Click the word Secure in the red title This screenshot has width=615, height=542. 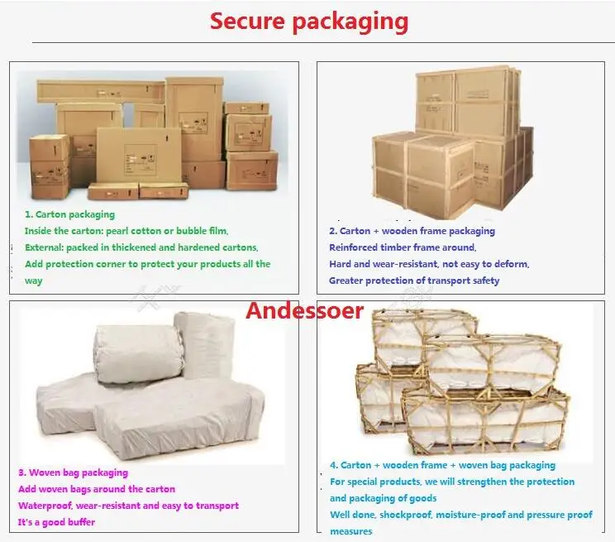coord(246,21)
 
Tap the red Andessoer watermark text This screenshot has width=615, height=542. coord(304,311)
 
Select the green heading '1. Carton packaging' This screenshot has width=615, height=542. coord(69,214)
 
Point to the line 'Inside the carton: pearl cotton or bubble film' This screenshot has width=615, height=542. coord(126,231)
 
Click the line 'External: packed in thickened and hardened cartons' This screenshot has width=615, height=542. coord(141,247)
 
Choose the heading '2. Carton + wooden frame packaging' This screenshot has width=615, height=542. coord(412,231)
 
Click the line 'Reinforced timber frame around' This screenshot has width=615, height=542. coord(403,247)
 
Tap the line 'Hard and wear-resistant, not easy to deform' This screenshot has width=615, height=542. coord(429,264)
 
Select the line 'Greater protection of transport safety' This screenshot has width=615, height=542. coord(414,281)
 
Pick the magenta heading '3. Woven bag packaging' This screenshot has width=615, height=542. coord(73,472)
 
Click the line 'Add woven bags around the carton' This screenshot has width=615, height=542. coord(97,489)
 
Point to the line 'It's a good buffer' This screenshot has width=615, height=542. coord(56,522)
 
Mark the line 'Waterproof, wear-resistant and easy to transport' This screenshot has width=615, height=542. coord(128,506)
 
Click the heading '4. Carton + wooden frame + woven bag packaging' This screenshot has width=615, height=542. coord(442,465)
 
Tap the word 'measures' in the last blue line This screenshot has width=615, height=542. coord(350,531)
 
